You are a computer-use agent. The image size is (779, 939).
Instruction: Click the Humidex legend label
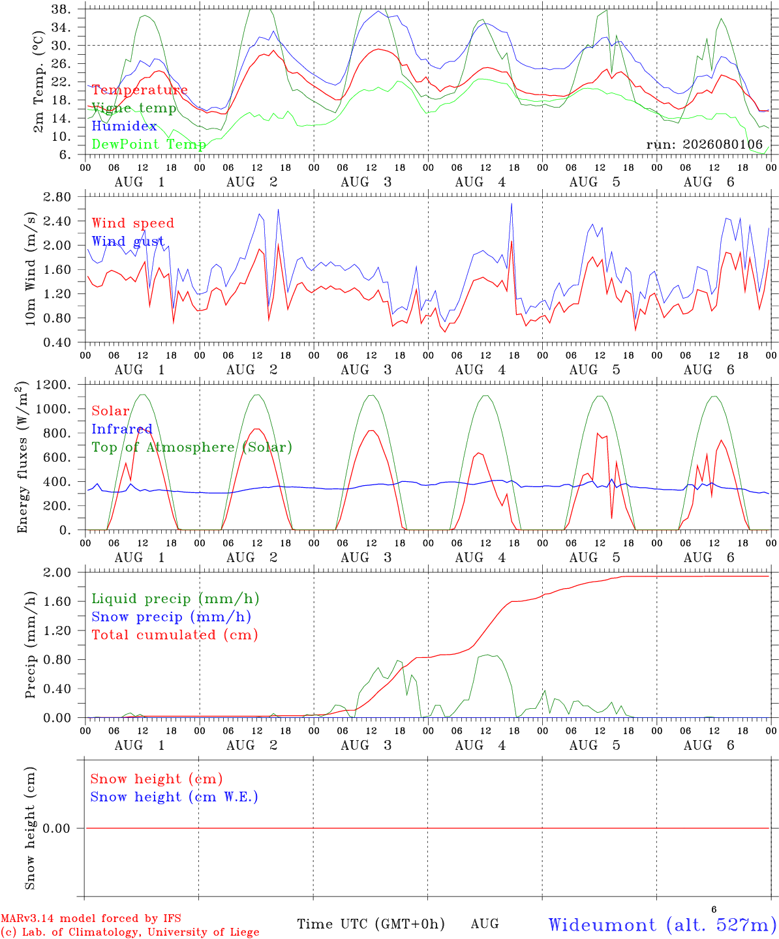[124, 126]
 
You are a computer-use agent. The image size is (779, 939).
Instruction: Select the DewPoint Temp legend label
[149, 144]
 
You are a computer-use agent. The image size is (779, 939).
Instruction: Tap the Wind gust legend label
[128, 241]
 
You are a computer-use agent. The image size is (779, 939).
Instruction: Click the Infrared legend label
[122, 429]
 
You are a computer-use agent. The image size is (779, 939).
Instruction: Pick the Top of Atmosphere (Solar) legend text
[192, 447]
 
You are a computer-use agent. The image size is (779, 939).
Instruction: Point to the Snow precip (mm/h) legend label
[172, 617]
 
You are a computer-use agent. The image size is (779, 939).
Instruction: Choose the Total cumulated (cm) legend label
[175, 635]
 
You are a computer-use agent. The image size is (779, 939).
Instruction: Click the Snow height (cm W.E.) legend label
[174, 797]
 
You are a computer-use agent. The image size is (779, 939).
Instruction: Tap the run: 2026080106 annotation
[704, 144]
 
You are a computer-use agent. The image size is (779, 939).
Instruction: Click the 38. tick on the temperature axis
[61, 9]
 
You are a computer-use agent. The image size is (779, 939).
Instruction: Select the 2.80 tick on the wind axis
[57, 197]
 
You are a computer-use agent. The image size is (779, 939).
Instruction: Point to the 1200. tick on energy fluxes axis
[53, 385]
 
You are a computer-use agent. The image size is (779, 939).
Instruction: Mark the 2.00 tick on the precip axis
[57, 573]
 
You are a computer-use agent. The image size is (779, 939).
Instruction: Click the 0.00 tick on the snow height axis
[56, 828]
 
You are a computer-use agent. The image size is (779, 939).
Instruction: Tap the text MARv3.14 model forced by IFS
[91, 918]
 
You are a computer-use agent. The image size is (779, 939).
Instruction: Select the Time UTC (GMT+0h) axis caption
[371, 924]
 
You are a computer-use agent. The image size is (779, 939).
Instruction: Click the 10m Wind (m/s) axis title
[30, 269]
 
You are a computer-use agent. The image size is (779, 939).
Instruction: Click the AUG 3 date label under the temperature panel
[366, 182]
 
